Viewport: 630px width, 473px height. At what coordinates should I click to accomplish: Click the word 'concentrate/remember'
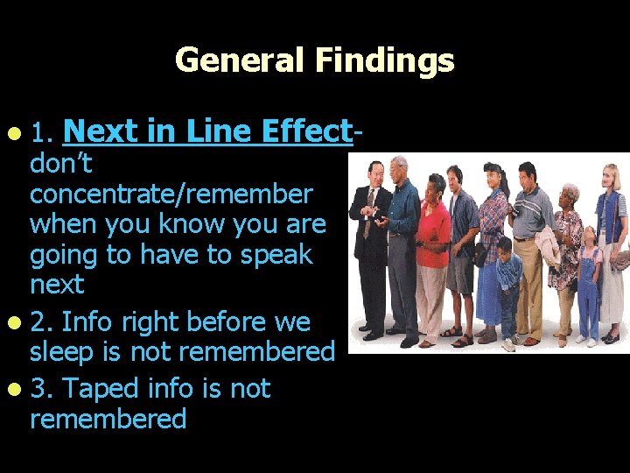tap(171, 194)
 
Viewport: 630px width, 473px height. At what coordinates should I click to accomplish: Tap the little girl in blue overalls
tap(589, 280)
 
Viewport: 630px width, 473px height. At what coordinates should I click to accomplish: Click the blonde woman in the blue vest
tap(612, 236)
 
